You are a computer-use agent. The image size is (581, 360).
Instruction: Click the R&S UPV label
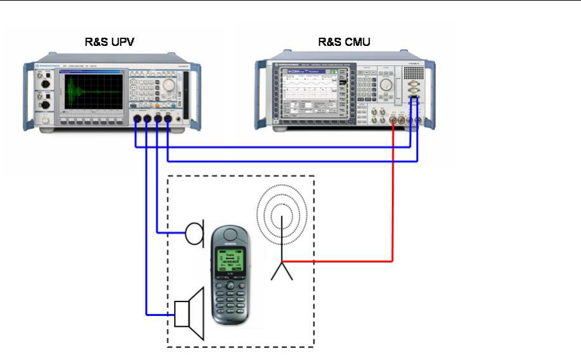(x=109, y=43)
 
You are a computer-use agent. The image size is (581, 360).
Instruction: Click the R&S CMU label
(x=344, y=43)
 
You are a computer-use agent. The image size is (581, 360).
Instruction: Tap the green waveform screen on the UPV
(x=92, y=93)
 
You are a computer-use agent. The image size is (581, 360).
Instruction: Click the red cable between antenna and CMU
(x=393, y=207)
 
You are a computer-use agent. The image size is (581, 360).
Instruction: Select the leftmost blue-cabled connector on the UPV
(x=136, y=119)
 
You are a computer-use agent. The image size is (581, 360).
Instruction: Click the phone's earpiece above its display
(x=230, y=237)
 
